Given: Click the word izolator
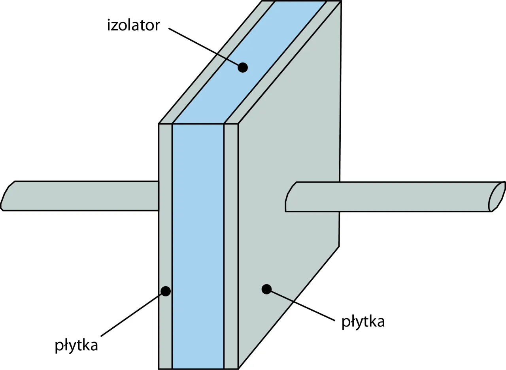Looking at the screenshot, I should pyautogui.click(x=133, y=25).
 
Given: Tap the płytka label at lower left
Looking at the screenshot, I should pyautogui.click(x=76, y=345).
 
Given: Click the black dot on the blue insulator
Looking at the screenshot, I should pyautogui.click(x=243, y=68).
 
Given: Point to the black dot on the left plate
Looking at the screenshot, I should pyautogui.click(x=166, y=291).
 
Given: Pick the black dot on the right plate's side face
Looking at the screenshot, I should pyautogui.click(x=266, y=289).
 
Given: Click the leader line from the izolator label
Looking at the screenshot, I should pyautogui.click(x=202, y=45).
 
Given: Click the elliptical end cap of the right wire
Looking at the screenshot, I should pyautogui.click(x=497, y=196).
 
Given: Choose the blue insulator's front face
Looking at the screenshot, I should pyautogui.click(x=198, y=245).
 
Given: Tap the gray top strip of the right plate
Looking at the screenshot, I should pyautogui.click(x=285, y=59).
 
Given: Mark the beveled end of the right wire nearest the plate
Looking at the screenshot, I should pyautogui.click(x=290, y=196).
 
